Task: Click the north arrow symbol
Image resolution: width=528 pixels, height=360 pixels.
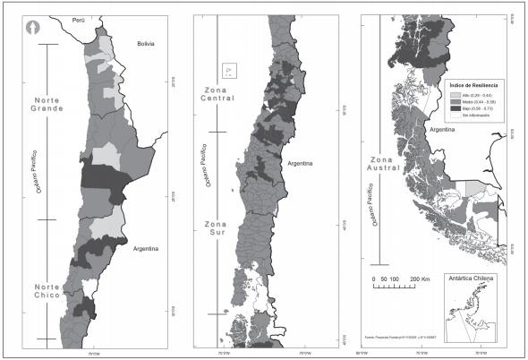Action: [x=33, y=27]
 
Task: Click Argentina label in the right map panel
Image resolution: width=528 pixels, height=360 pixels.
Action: [x=446, y=130]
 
